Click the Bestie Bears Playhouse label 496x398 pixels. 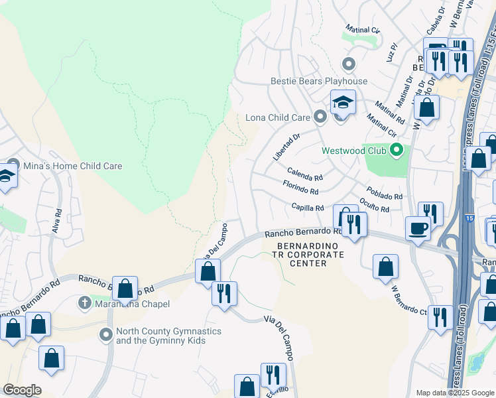point(318,81)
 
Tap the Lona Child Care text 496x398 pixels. point(278,117)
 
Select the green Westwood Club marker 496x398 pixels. point(397,151)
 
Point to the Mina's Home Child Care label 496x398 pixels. point(73,166)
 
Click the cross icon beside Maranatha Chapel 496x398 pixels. point(84,304)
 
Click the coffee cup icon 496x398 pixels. point(417,228)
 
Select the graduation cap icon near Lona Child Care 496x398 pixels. point(343,102)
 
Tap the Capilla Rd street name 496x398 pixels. point(307,207)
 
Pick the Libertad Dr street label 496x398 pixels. point(286,147)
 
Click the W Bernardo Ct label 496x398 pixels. point(410,300)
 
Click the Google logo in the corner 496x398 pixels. point(22,390)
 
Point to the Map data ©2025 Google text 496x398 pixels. point(454,393)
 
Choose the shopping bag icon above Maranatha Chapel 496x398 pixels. point(125,289)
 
